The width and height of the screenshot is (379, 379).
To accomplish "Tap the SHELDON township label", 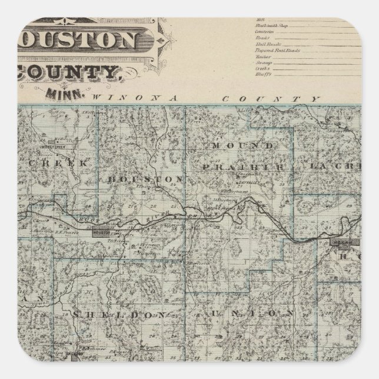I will point(117,315).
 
